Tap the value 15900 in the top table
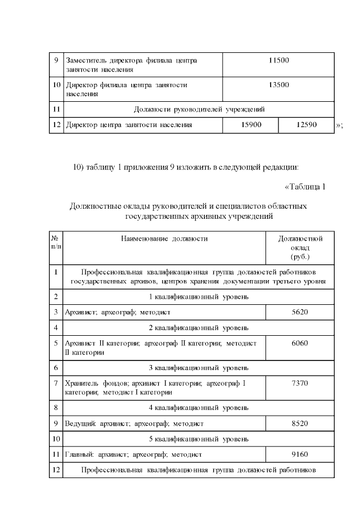251,125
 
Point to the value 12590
307,125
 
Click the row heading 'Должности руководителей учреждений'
199,109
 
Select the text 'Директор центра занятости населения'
129,125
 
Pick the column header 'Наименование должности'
164,238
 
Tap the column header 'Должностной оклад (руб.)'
300,247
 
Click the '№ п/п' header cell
56,242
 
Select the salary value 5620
300,312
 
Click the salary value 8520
300,422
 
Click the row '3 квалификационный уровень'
199,368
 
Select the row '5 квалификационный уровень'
199,438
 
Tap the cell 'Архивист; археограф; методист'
118,312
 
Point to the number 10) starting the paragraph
79,167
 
